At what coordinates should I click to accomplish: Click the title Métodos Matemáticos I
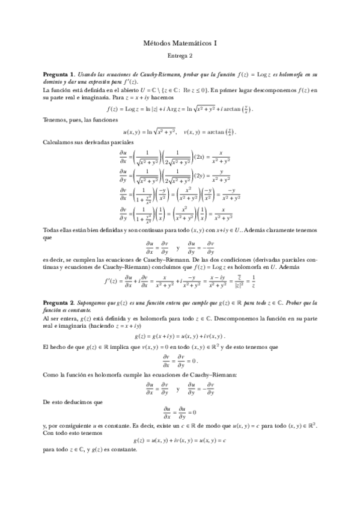click(180, 43)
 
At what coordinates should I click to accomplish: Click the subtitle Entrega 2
click(180, 56)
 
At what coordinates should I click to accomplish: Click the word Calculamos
click(59, 143)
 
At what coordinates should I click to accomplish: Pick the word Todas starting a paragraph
click(52, 230)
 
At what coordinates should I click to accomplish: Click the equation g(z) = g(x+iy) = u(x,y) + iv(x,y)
click(180, 336)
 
